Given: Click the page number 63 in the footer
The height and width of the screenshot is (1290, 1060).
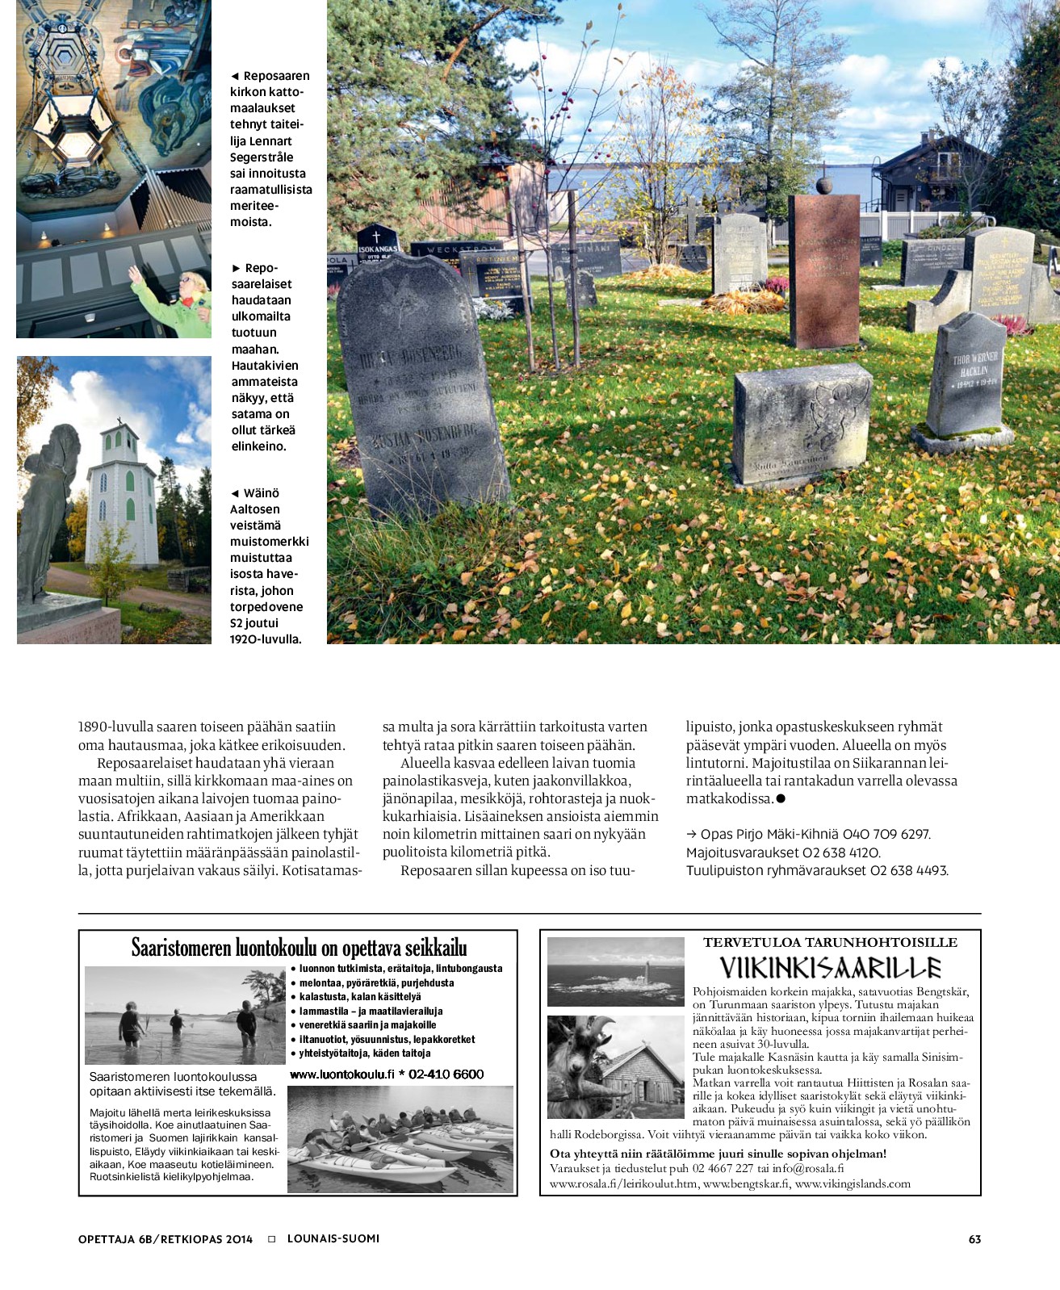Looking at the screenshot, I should coord(974,1239).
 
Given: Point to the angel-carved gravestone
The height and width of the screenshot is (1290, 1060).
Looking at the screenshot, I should coord(802,425).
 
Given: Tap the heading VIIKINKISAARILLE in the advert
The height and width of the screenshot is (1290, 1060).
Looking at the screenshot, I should coord(830,968).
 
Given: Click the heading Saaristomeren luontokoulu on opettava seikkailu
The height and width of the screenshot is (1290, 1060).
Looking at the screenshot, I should coord(299,948).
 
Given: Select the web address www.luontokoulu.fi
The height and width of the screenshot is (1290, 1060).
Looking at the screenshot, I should coord(341,1074).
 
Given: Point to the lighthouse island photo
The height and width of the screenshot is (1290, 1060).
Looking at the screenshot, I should coord(615,971).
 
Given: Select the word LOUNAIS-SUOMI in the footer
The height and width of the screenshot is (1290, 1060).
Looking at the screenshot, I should coord(333,1238).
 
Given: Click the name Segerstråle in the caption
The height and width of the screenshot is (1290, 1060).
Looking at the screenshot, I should coord(262,157).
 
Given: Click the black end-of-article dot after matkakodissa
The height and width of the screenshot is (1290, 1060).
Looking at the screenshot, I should coord(781,798).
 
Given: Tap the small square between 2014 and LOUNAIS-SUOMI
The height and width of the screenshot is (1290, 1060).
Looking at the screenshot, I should coord(271,1239).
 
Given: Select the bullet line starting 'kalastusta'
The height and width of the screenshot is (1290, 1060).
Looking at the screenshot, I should coord(359,997).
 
